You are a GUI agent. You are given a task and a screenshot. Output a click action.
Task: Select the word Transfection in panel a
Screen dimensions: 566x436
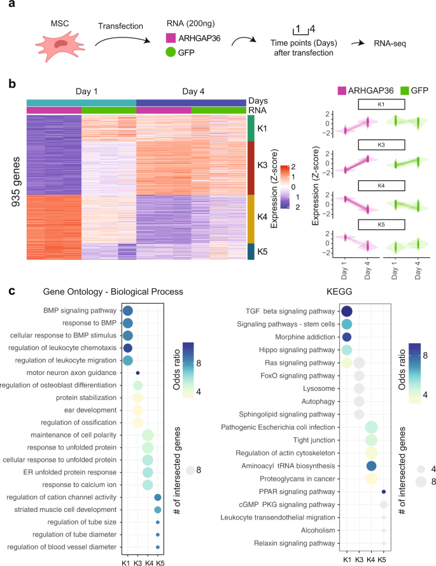[x=118, y=25]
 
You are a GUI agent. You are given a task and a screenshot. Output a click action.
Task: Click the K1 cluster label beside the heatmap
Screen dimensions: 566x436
[x=262, y=127]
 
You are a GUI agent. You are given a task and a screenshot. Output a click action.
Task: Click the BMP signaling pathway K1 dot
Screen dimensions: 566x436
[x=127, y=311]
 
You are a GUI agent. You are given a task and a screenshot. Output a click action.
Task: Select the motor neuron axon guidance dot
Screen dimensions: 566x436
[x=137, y=372]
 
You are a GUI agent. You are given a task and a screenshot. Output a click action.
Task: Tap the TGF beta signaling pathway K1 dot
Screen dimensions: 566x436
[x=347, y=312]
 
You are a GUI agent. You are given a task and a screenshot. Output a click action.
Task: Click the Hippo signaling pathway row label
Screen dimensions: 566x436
[x=302, y=350]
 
